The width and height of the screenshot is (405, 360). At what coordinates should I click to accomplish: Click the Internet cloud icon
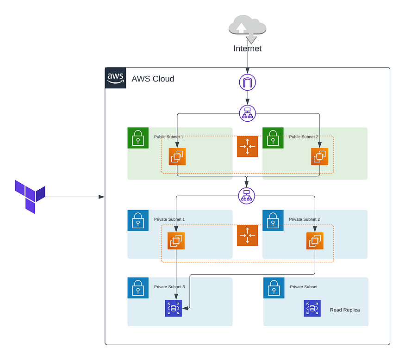[x=247, y=27]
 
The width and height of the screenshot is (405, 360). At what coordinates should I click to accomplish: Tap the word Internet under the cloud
[x=247, y=49]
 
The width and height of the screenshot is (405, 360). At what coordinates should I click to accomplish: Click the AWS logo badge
[x=115, y=78]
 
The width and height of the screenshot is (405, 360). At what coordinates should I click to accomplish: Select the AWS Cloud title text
[x=153, y=79]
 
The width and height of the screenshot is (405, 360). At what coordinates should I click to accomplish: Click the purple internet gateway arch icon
[x=247, y=83]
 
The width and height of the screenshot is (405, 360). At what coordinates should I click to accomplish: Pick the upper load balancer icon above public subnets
[x=247, y=113]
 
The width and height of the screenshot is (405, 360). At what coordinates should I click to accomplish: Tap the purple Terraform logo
[x=30, y=196]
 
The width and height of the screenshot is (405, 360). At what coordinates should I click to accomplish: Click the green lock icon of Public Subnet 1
[x=138, y=138]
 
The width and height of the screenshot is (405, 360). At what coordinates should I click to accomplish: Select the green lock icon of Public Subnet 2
[x=273, y=138]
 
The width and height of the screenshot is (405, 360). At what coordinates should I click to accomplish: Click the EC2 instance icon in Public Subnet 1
[x=177, y=156]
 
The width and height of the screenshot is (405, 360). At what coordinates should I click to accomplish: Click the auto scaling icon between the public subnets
[x=247, y=146]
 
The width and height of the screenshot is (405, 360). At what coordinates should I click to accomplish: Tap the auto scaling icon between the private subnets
[x=247, y=235]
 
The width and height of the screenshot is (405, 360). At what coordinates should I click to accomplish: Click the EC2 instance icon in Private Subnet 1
[x=176, y=241]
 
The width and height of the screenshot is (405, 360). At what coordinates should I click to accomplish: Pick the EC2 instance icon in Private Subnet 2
[x=315, y=241]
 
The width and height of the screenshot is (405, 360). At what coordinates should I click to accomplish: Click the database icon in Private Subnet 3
[x=174, y=308]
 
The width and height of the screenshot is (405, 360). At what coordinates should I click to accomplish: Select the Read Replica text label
[x=345, y=310]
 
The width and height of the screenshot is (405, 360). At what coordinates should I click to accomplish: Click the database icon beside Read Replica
[x=312, y=308]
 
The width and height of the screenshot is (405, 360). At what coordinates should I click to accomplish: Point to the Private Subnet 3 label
[x=169, y=287]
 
